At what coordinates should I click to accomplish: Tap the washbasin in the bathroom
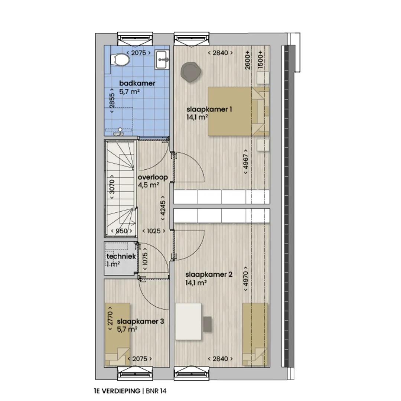[162, 59]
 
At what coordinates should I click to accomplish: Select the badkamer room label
[137, 83]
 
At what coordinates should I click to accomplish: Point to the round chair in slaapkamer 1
[190, 72]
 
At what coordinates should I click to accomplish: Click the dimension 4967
[246, 162]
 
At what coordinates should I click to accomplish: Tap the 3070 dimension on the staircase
[112, 187]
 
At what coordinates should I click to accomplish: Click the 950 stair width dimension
[121, 231]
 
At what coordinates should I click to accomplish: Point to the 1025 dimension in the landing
[154, 231]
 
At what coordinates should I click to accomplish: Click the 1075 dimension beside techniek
[145, 259]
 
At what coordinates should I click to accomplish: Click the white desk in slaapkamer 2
[188, 322]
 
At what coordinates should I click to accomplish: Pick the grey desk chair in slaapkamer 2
[208, 324]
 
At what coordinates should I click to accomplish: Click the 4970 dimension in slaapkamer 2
[246, 279]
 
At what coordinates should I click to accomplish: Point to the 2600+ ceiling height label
[247, 60]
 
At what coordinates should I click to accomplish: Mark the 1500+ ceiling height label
[260, 59]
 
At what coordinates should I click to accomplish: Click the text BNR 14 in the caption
[156, 391]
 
